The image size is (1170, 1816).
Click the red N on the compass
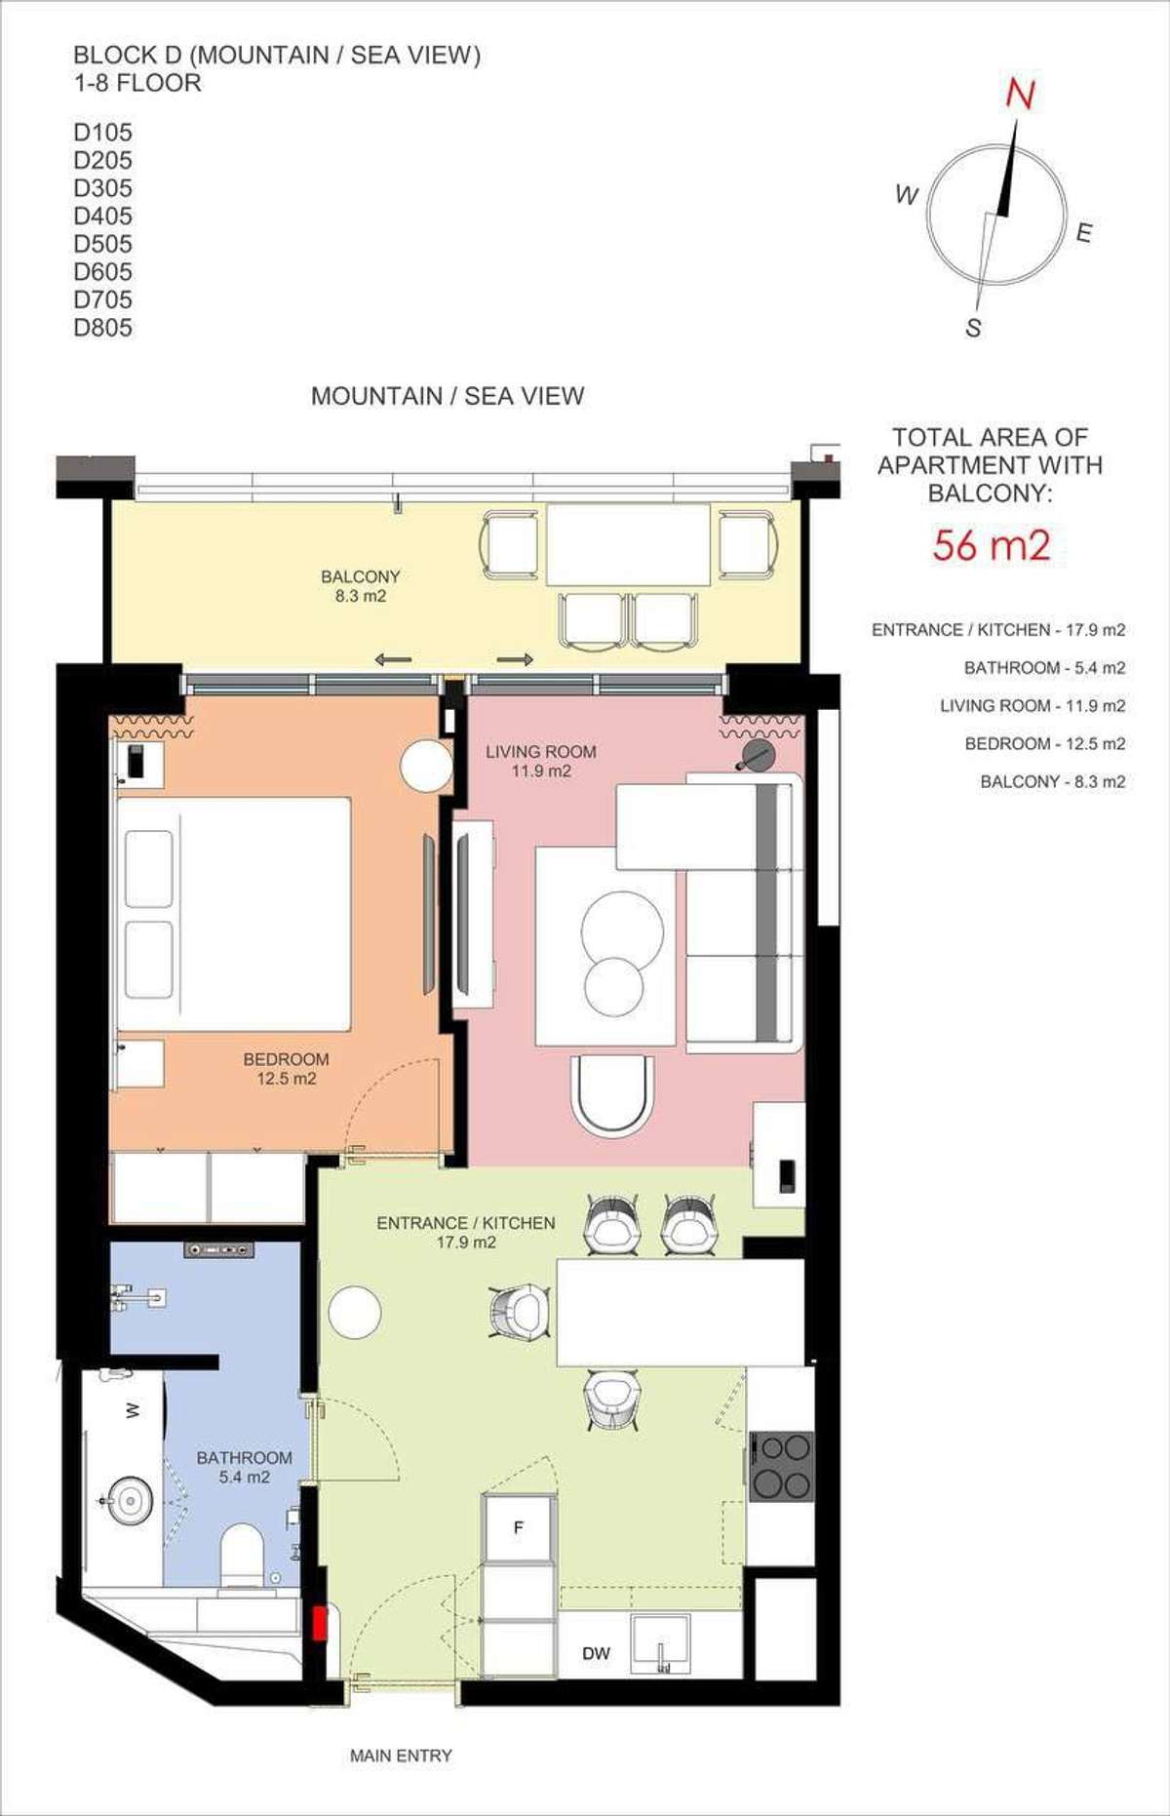click(x=1020, y=94)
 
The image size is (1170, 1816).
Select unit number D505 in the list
click(x=102, y=244)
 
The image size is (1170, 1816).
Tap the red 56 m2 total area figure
click(x=991, y=545)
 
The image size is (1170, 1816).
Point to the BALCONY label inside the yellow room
click(x=361, y=576)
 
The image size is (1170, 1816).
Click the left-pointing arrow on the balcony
click(x=393, y=659)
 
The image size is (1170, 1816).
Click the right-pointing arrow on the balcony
click(x=515, y=659)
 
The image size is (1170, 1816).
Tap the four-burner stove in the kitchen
click(x=782, y=1466)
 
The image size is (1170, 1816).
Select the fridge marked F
click(x=520, y=1528)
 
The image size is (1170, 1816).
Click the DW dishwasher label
click(x=596, y=1653)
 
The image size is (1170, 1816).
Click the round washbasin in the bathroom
click(x=128, y=1500)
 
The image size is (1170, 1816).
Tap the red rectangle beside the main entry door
click(x=319, y=1623)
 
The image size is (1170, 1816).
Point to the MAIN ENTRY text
click(x=401, y=1756)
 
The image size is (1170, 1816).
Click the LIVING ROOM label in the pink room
click(x=541, y=752)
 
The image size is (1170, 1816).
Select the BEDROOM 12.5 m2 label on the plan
click(x=286, y=1069)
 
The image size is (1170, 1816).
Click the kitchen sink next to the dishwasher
click(x=660, y=1644)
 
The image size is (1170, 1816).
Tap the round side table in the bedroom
click(x=427, y=767)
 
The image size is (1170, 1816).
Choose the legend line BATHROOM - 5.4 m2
click(x=1044, y=668)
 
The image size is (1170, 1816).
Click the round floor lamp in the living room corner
click(x=757, y=755)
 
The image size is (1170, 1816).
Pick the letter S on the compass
click(x=973, y=328)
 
